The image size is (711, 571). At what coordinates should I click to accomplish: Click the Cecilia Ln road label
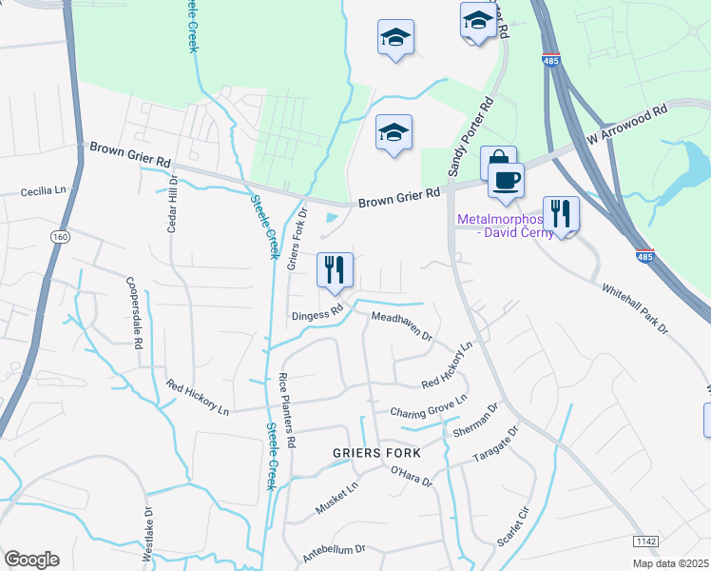(46, 191)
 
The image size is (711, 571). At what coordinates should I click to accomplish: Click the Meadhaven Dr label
(401, 326)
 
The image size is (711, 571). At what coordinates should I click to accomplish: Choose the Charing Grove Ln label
(429, 406)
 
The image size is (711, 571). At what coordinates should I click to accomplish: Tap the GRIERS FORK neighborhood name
(375, 453)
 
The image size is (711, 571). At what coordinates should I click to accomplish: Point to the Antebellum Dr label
(334, 550)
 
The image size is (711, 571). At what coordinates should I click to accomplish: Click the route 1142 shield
(645, 541)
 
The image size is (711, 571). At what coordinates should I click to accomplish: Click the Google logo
(31, 559)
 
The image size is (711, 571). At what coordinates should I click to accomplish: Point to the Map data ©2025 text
(670, 563)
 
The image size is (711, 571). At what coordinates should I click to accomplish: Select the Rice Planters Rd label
(289, 411)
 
